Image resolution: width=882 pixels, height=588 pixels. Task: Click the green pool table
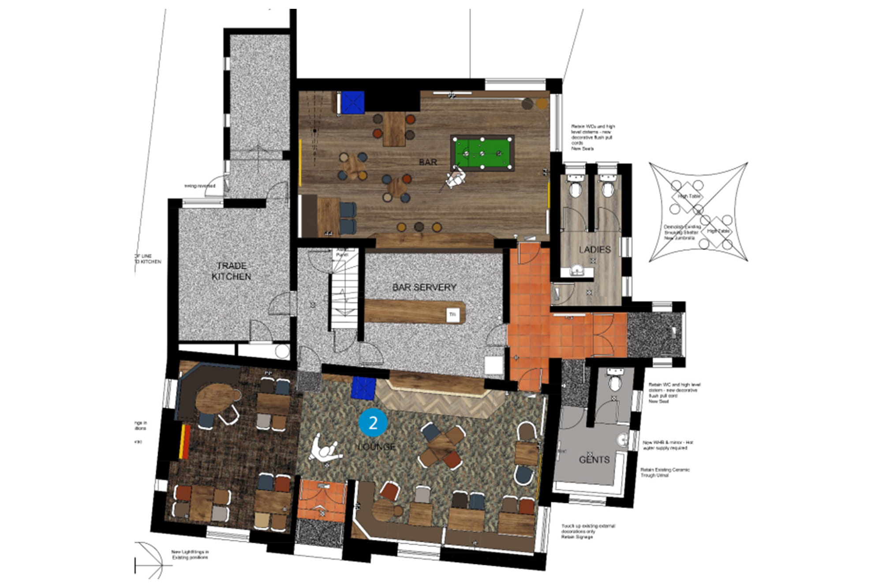482,153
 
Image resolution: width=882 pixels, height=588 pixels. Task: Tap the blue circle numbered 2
373,423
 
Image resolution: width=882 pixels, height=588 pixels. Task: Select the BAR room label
428,162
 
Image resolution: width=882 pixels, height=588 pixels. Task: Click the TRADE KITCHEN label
232,271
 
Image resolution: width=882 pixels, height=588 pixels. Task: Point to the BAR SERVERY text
424,287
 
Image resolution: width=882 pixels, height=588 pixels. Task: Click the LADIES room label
594,250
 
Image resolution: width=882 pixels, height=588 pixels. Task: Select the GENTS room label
594,460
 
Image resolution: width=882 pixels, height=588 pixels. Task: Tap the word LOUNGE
377,447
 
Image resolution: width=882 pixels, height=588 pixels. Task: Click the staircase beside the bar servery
344,300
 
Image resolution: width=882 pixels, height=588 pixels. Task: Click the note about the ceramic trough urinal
665,472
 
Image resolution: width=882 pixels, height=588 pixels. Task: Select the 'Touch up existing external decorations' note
588,532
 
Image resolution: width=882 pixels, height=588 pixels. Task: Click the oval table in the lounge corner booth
215,398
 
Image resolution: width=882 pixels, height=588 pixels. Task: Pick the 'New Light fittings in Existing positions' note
190,554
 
